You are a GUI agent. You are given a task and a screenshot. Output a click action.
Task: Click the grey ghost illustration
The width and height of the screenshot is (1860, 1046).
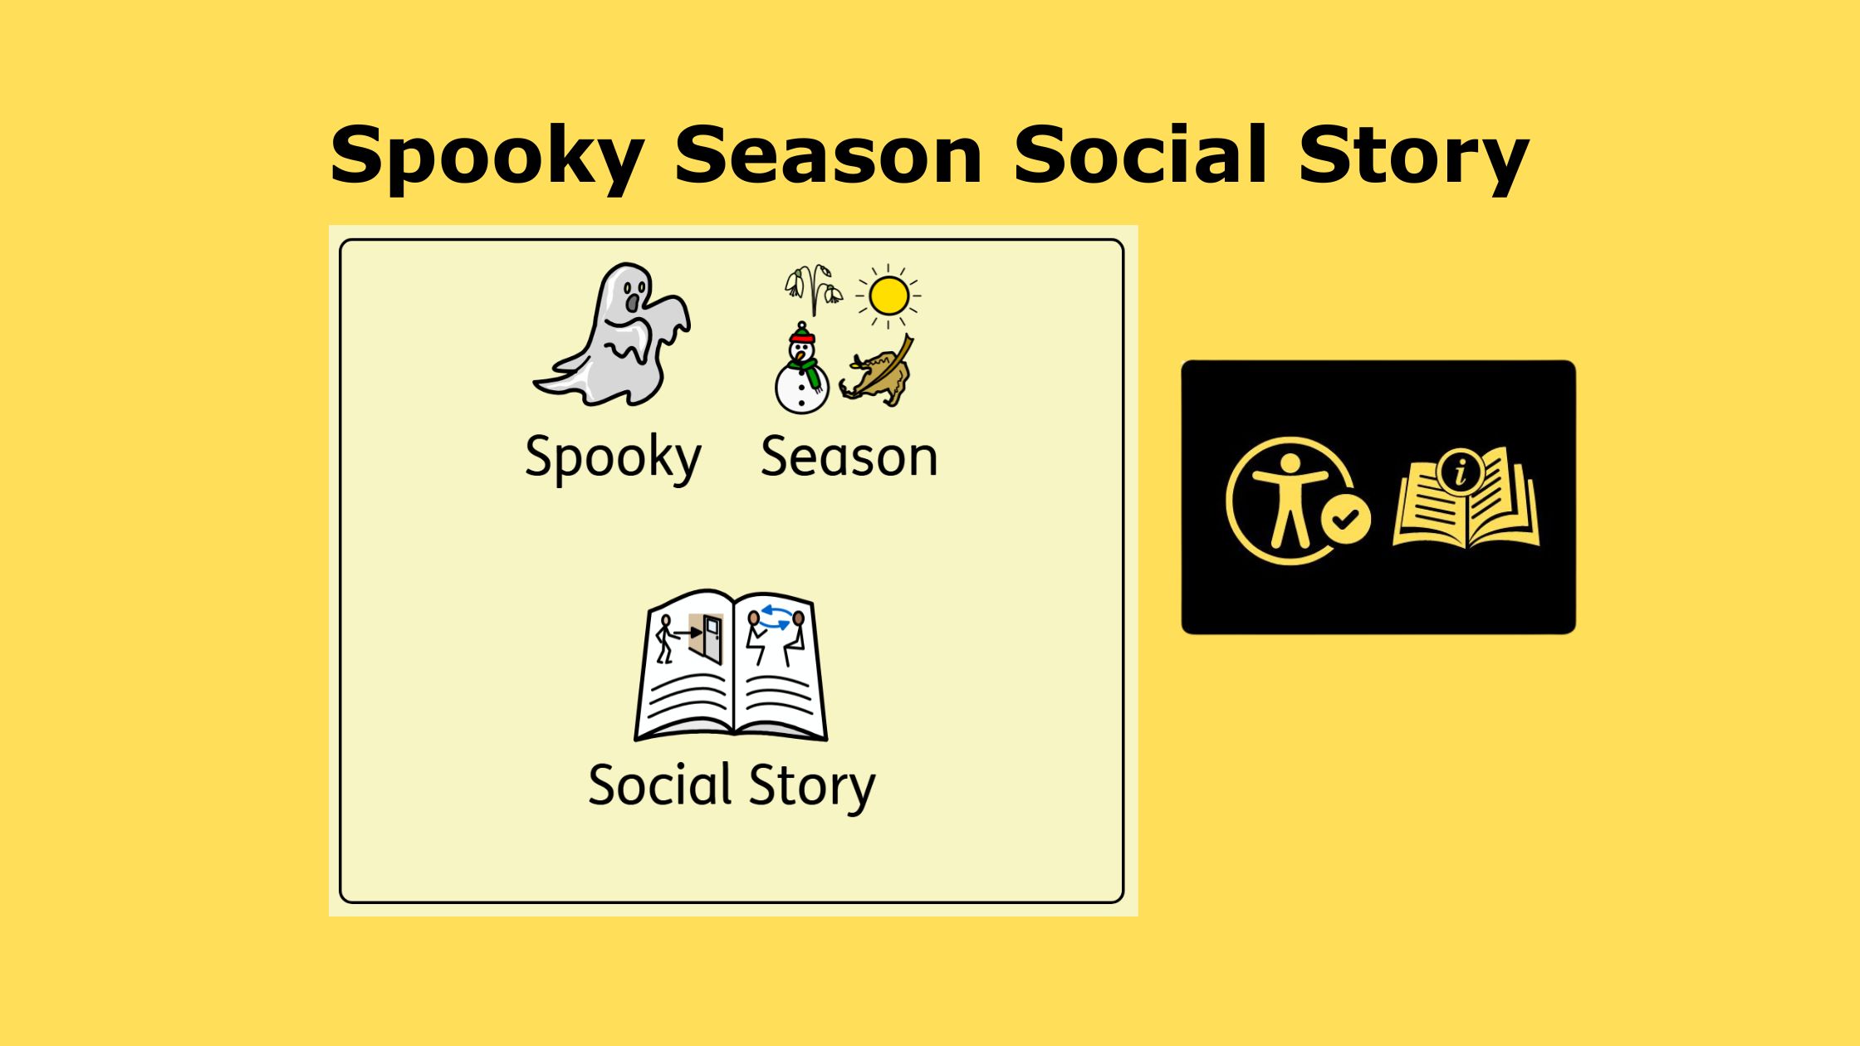pos(613,335)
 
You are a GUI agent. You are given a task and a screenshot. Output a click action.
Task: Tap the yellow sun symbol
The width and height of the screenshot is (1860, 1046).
pos(888,296)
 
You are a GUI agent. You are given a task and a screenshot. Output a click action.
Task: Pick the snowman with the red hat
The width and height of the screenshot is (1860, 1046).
pos(801,369)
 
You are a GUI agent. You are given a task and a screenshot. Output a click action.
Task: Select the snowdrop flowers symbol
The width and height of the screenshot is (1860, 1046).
pos(813,290)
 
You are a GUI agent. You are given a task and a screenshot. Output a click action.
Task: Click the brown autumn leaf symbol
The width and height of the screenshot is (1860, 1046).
pos(877,371)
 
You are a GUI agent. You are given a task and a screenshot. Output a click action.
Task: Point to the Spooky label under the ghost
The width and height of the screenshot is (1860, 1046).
pos(613,457)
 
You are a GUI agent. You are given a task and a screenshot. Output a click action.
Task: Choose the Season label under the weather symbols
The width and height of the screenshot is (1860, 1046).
pos(849,457)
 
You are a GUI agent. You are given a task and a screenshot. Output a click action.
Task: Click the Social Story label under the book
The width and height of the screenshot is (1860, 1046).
pos(731,785)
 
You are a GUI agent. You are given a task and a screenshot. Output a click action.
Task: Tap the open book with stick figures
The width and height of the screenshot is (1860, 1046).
pos(731,665)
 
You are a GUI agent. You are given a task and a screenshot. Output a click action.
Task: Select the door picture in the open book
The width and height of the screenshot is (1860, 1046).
pos(710,638)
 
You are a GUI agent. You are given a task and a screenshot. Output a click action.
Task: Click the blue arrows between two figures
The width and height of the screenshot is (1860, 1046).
pos(776,618)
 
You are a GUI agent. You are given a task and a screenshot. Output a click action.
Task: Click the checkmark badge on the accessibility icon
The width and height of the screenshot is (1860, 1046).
pos(1345,519)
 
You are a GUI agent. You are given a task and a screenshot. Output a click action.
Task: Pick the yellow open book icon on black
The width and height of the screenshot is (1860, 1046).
pos(1466,498)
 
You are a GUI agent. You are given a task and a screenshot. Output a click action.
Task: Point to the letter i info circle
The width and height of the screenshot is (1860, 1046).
pos(1461,472)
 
